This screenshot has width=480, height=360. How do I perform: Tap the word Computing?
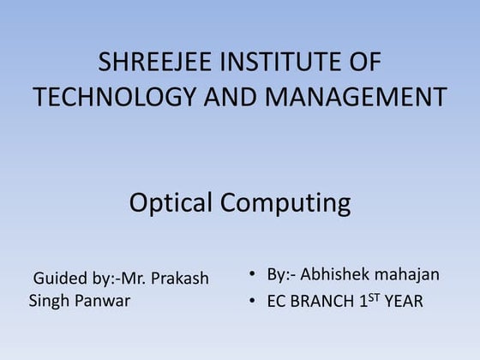[285, 204]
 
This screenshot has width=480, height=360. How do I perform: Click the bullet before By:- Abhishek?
[252, 275]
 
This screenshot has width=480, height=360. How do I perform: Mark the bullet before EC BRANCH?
[252, 302]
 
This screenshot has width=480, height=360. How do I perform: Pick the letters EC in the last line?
[277, 302]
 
